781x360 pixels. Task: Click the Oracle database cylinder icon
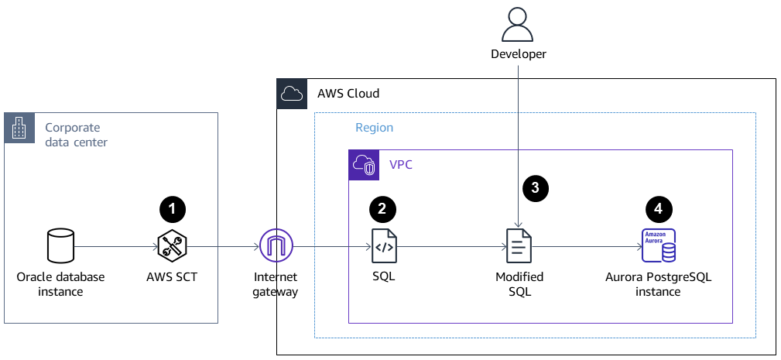coord(60,247)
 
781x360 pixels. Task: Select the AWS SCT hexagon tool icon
coord(171,247)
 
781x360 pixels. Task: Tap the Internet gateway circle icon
coord(276,247)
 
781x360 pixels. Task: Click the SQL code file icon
coord(384,247)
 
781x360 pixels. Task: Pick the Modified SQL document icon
coord(519,247)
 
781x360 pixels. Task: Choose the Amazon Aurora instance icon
coord(658,247)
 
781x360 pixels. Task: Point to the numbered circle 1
coord(172,207)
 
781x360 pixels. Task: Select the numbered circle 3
coord(536,187)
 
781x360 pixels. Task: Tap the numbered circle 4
coord(658,207)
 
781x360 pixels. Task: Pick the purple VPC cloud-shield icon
coord(363,165)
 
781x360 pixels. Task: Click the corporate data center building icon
coord(19,128)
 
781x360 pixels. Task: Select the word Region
coord(374,128)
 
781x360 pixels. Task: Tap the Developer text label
coord(519,54)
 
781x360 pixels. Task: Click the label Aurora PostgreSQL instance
coord(658,284)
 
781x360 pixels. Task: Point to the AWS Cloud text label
coord(348,94)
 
